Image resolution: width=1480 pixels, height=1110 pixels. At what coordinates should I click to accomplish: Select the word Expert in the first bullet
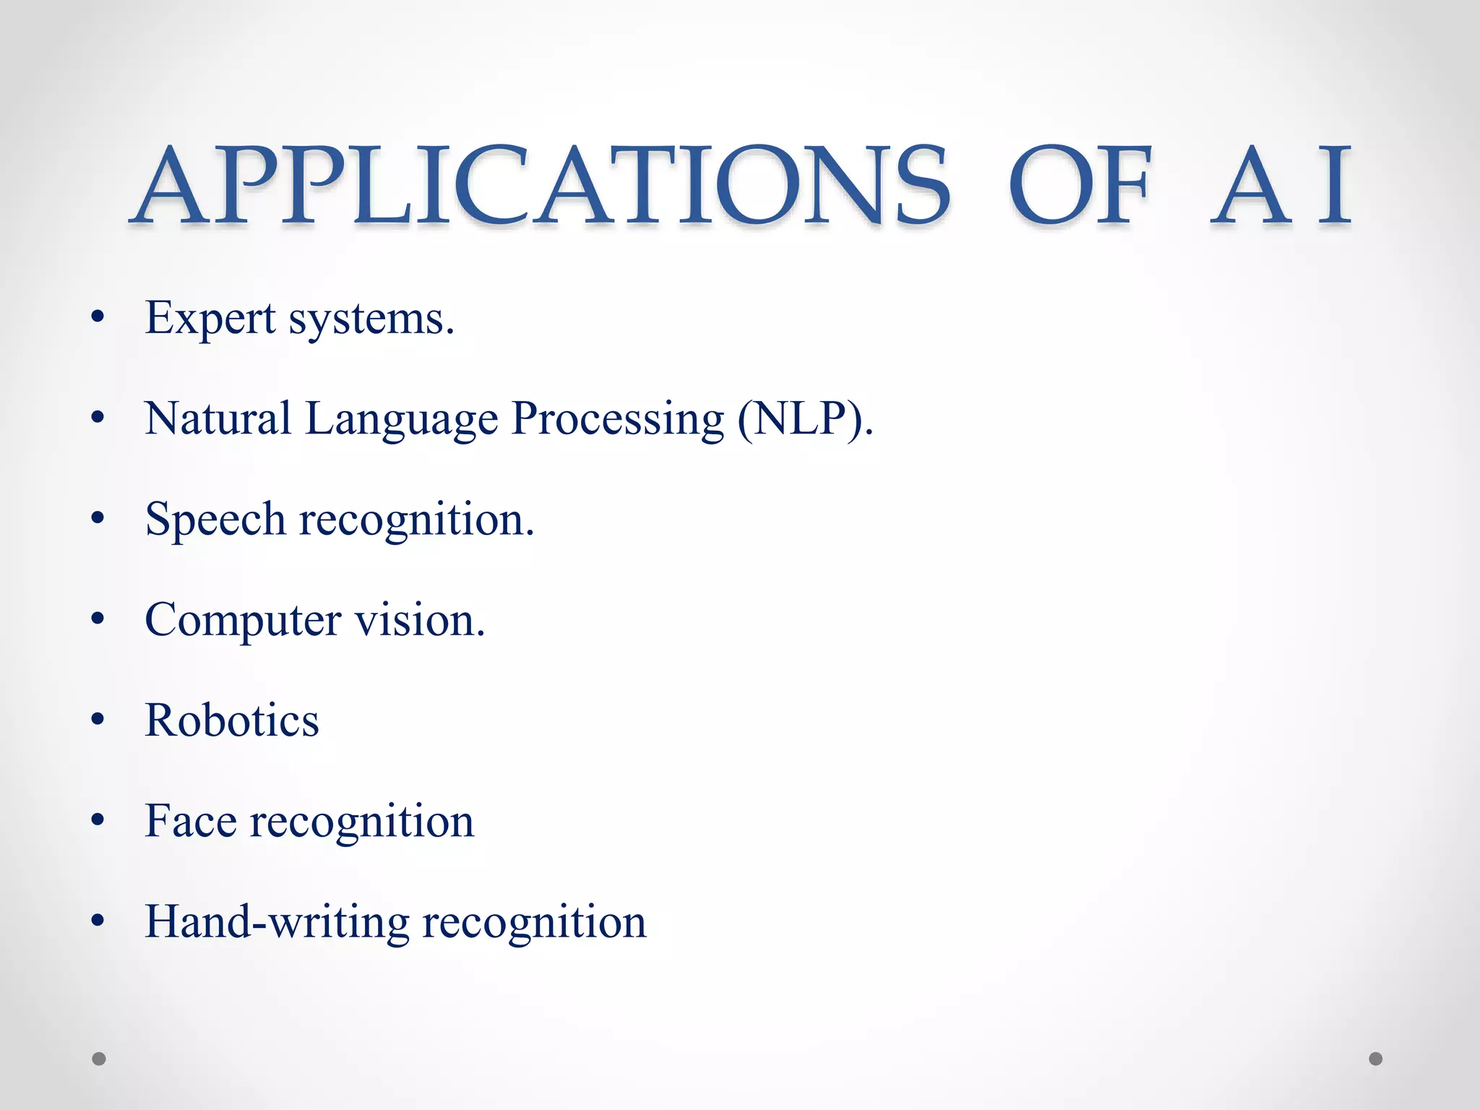click(x=210, y=318)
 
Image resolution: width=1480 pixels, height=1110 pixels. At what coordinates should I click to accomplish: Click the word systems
click(x=371, y=318)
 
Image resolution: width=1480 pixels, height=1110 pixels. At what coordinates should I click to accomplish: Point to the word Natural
click(x=218, y=418)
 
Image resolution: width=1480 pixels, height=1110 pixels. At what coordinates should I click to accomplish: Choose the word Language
click(x=402, y=420)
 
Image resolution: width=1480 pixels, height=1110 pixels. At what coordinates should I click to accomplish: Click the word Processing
click(x=618, y=420)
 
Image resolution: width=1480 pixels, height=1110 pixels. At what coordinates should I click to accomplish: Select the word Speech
click(x=215, y=520)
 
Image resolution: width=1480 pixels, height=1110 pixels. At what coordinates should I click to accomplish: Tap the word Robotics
click(x=232, y=720)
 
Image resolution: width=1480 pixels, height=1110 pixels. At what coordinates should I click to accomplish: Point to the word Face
click(x=191, y=821)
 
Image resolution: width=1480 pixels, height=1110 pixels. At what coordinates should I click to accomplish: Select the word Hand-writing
click(x=277, y=923)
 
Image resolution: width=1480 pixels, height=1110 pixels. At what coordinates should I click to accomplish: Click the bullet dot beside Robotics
click(x=99, y=720)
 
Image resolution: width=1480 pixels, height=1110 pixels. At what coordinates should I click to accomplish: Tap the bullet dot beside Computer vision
click(x=99, y=619)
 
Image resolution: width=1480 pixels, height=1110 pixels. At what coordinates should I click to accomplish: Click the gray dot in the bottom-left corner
click(x=99, y=1059)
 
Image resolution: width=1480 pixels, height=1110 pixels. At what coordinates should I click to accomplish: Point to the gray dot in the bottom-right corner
click(x=1376, y=1059)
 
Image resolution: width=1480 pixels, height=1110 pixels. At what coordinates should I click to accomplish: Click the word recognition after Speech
click(x=417, y=520)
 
